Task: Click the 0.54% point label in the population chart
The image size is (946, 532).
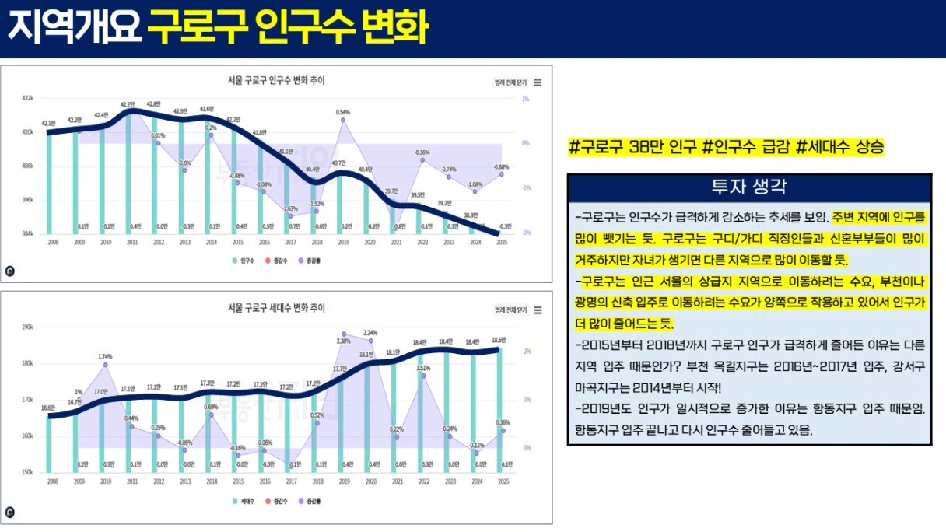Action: coord(343,112)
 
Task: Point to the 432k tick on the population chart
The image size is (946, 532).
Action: coord(27,99)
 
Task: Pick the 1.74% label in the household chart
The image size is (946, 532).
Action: coord(106,356)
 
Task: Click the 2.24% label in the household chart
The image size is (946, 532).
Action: coord(370,333)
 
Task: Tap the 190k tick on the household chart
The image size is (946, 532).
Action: coord(27,327)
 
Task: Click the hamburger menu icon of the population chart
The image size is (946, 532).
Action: coord(538,82)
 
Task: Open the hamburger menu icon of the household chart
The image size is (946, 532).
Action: coord(538,310)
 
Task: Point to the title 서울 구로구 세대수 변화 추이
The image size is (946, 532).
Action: coord(276,308)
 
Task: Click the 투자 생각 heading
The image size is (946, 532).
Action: coord(749,187)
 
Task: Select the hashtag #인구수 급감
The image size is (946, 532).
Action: coord(741,147)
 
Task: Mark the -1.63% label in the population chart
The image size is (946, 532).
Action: coord(290,208)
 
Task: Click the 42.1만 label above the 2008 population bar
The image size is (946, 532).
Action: coord(48,124)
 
